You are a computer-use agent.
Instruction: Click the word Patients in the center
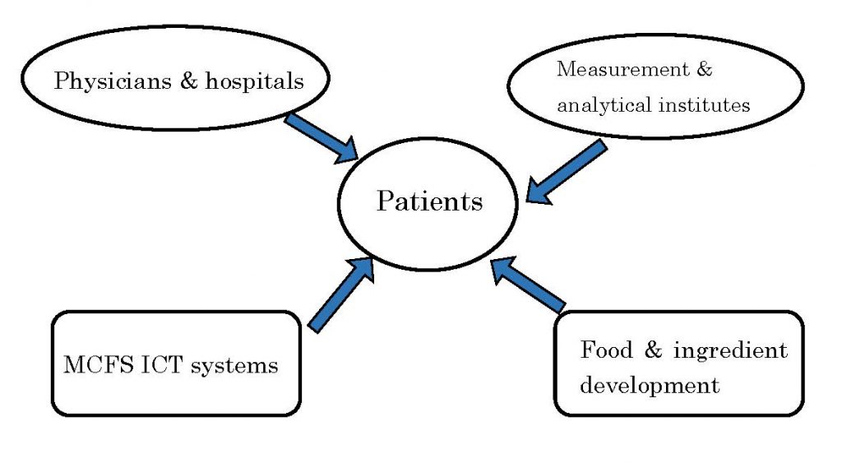[429, 201]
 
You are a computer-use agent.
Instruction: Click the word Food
[607, 350]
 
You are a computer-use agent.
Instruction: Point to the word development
[650, 384]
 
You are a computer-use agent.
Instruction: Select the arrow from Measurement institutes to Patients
[567, 173]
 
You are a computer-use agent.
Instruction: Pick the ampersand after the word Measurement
[704, 70]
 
